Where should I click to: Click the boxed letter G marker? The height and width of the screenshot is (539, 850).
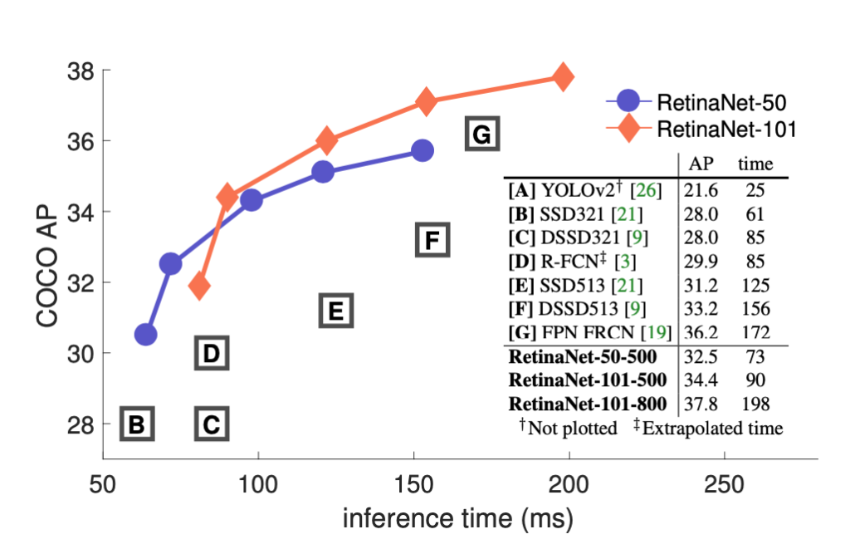[482, 134]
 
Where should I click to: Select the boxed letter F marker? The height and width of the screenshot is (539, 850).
[432, 241]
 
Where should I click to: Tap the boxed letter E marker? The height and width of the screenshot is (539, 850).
[336, 311]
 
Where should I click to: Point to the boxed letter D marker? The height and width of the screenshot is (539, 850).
[212, 354]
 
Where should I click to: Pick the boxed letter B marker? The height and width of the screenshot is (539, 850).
[137, 424]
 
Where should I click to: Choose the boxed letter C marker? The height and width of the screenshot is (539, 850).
[212, 424]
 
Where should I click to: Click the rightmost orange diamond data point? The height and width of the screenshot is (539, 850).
[563, 77]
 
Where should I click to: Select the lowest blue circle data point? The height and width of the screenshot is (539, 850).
[146, 335]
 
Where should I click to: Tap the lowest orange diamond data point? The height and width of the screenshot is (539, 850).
[199, 287]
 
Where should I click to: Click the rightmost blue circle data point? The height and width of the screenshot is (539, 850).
[423, 150]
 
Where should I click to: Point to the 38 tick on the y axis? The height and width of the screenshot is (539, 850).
[81, 71]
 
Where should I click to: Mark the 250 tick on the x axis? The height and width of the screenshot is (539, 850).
[725, 482]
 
